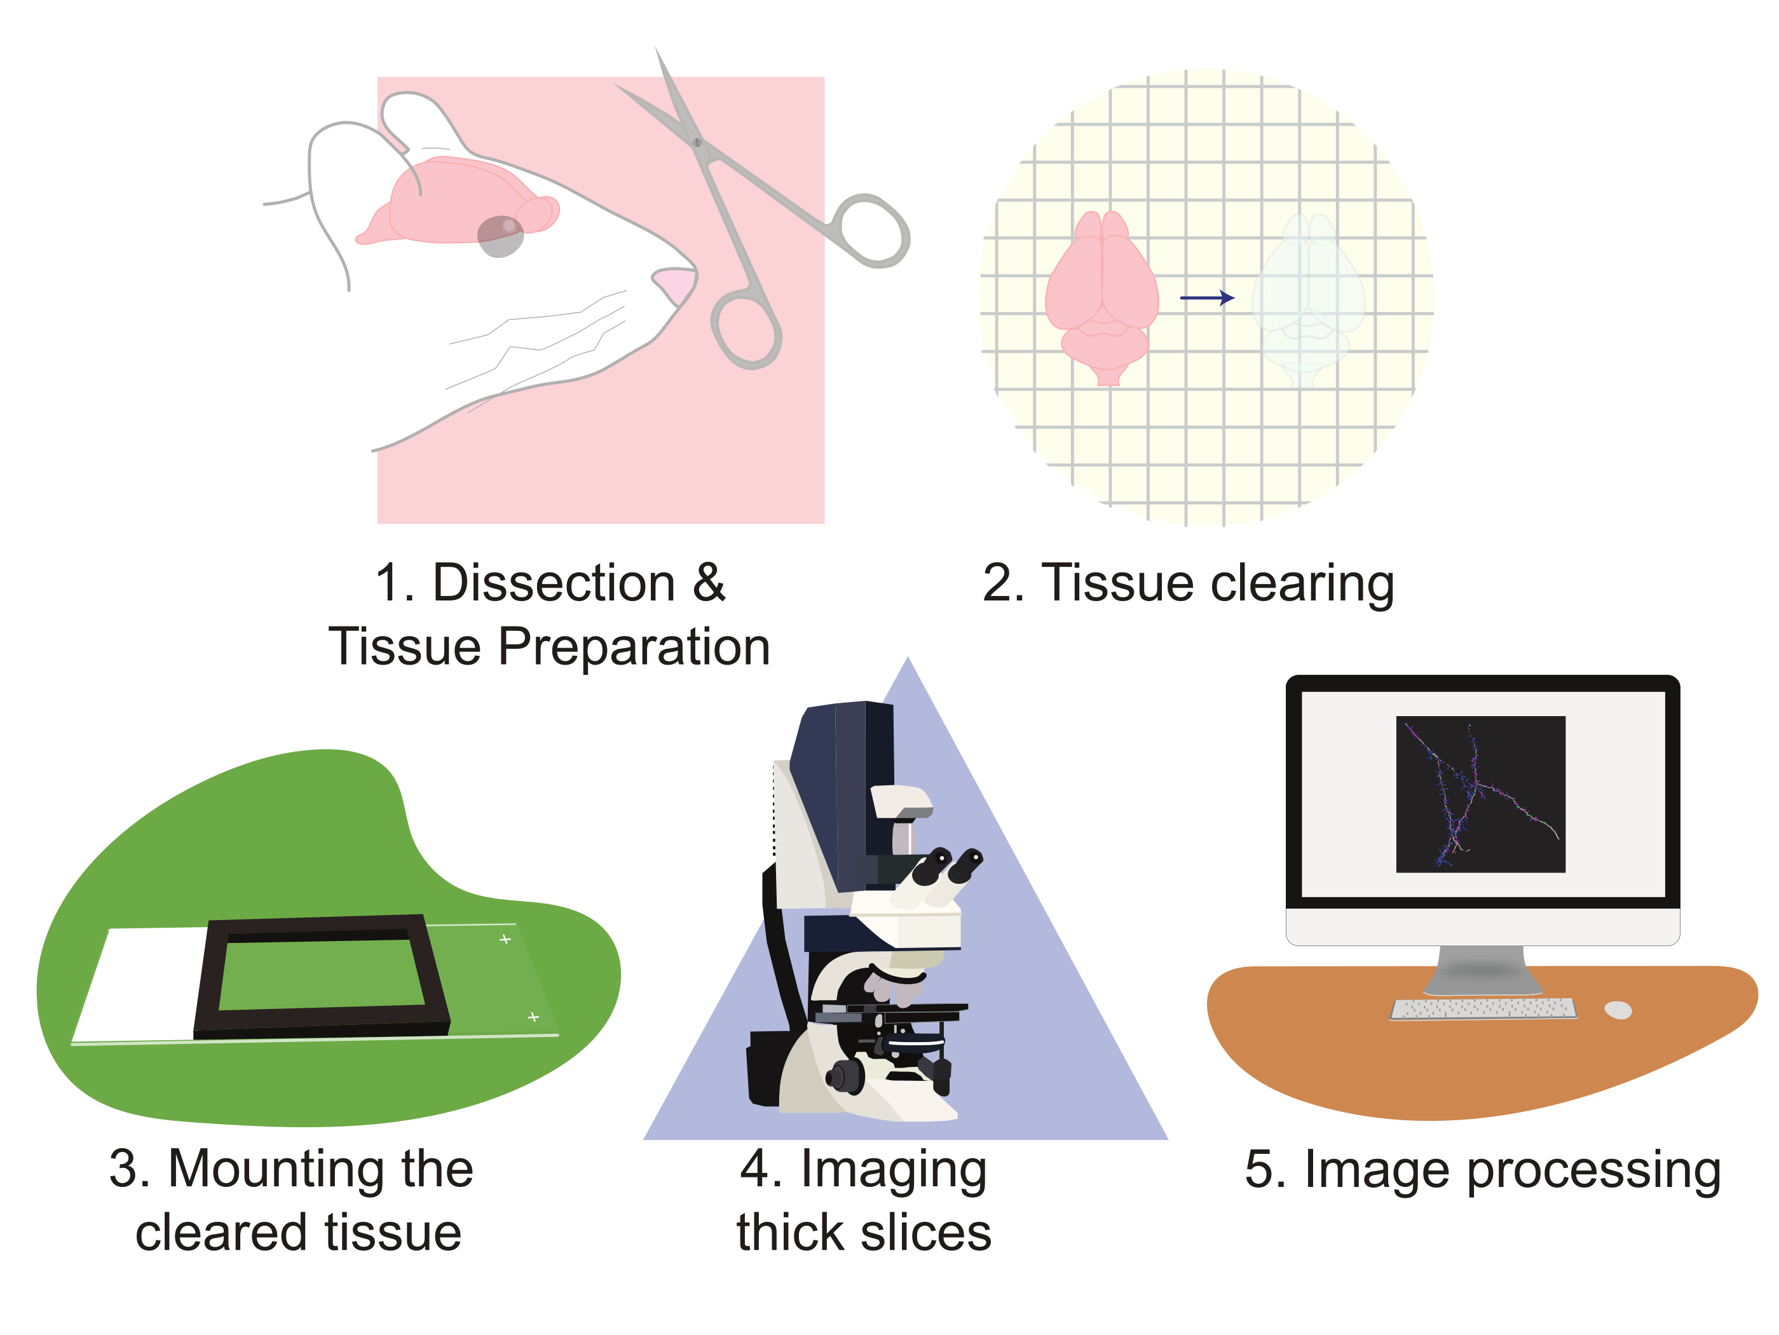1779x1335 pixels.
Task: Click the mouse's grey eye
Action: coord(500,236)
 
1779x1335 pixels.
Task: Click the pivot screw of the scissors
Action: coord(697,142)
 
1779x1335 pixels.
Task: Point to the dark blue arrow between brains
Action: coord(1206,297)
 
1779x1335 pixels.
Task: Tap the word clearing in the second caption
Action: coord(1302,584)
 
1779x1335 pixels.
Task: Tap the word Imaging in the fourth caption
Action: coord(894,1170)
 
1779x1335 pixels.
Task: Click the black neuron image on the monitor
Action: coord(1480,794)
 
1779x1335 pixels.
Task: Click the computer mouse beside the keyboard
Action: coord(1618,1010)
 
